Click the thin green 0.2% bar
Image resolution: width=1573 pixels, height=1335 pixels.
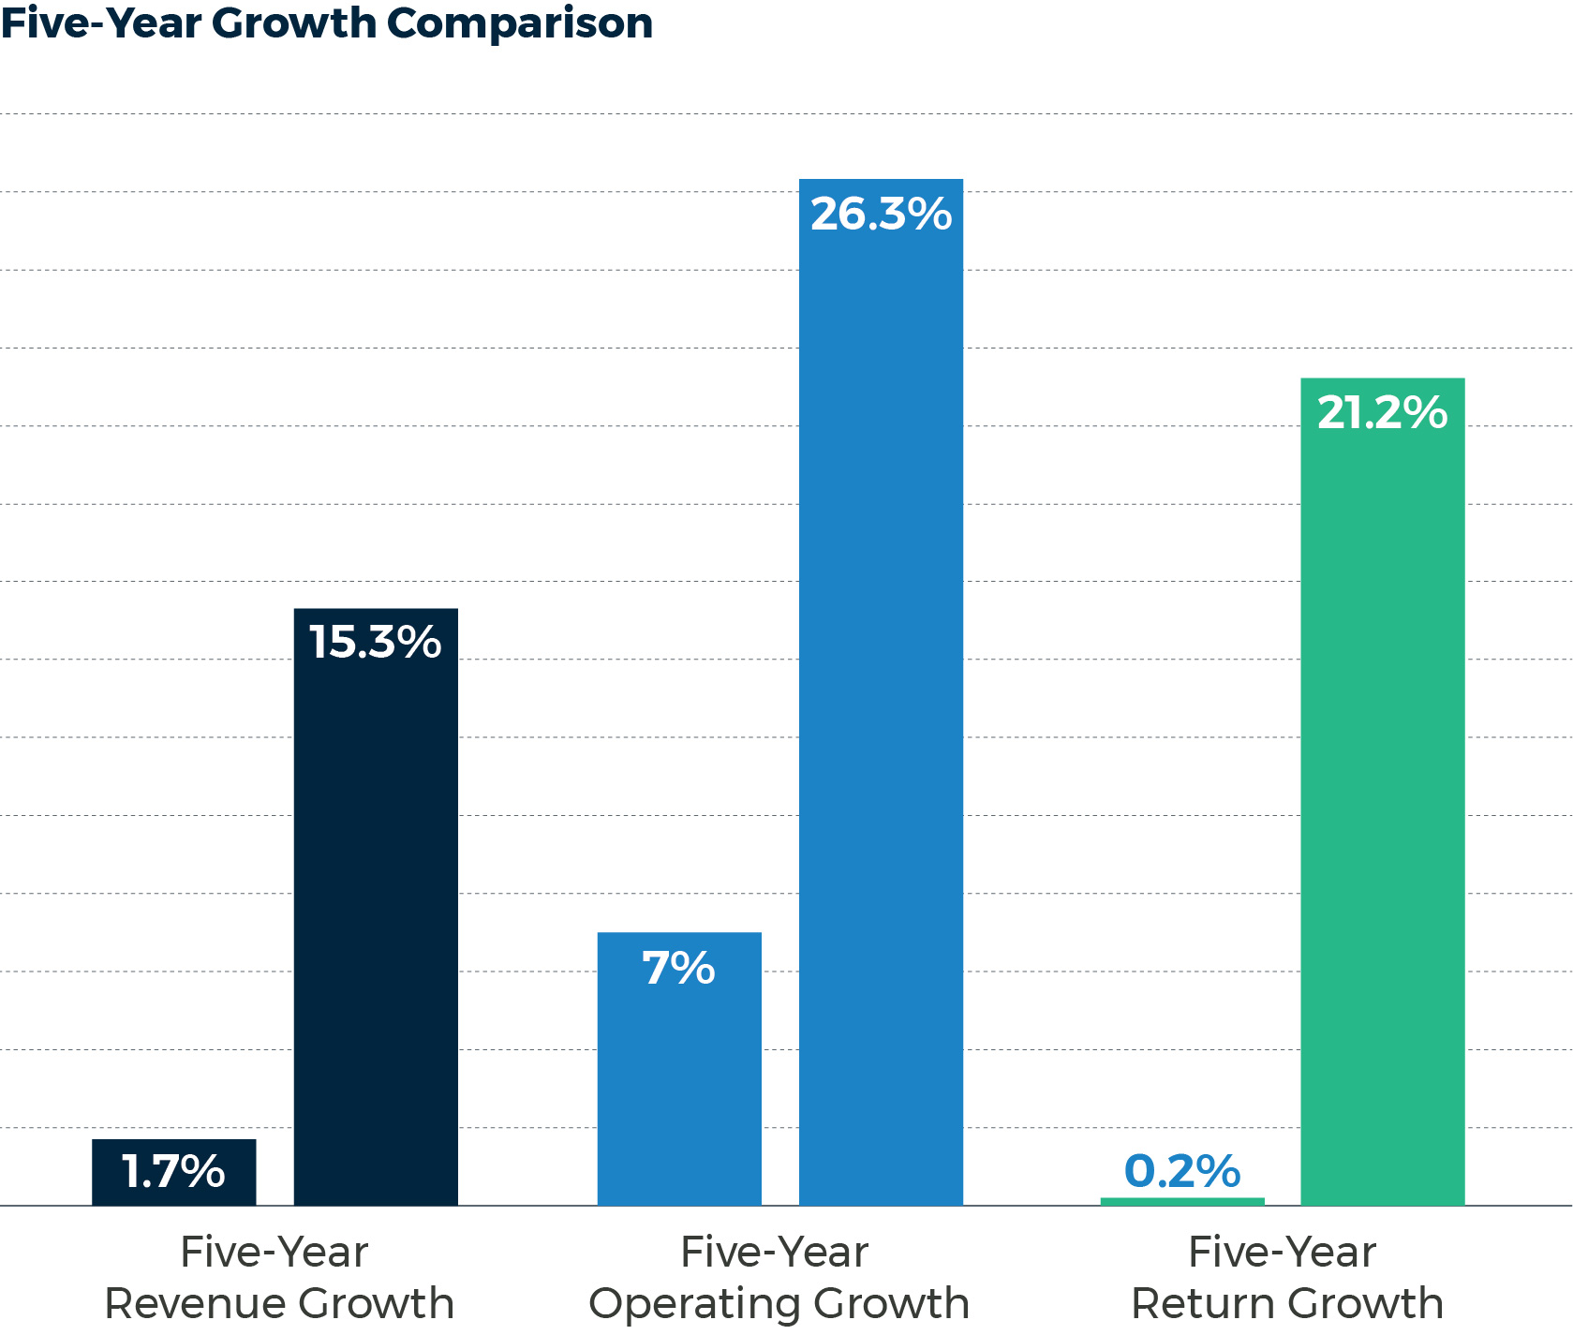[1182, 1201]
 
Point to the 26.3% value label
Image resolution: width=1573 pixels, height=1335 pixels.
[881, 215]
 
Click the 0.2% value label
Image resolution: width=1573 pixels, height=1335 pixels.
[1182, 1171]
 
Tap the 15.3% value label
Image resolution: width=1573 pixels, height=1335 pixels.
[376, 643]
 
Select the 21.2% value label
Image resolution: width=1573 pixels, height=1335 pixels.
[1382, 413]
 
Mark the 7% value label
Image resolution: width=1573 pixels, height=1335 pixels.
[679, 969]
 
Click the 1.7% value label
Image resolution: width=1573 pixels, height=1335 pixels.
[173, 1171]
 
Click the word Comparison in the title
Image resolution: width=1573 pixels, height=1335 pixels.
[520, 24]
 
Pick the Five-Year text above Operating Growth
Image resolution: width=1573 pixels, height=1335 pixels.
[775, 1252]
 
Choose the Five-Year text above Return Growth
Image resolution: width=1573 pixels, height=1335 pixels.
[1282, 1252]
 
